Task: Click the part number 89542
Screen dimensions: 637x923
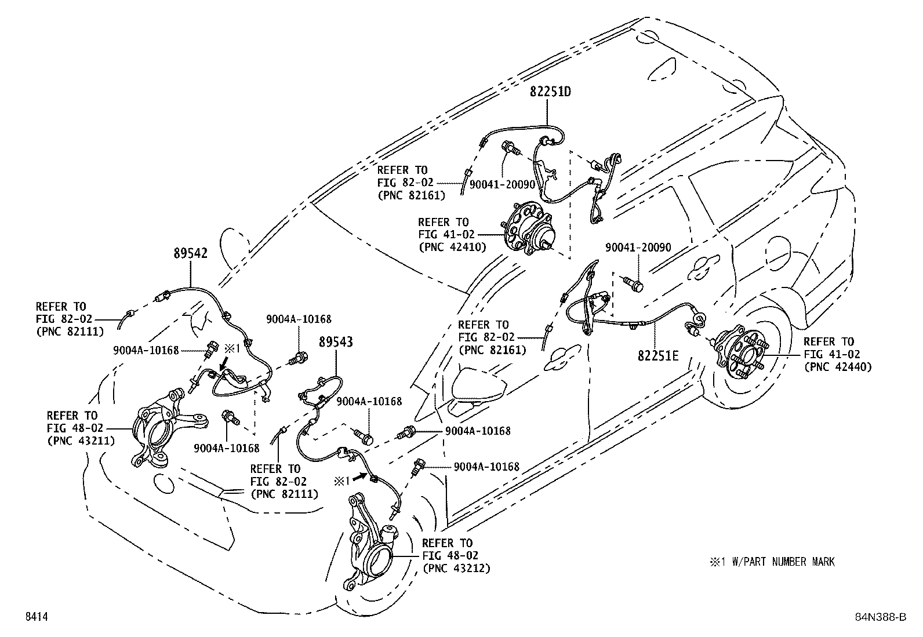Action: [191, 253]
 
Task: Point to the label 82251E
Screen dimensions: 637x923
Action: [657, 355]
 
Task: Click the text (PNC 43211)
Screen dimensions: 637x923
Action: [81, 440]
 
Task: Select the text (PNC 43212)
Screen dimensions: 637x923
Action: [456, 568]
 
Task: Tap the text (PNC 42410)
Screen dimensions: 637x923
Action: [452, 246]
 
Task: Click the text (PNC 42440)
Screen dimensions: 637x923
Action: [837, 366]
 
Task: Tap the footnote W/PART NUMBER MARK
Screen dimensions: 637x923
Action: [772, 562]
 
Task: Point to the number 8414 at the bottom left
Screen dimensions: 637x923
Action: [35, 617]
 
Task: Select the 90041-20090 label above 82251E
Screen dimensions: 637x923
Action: [638, 247]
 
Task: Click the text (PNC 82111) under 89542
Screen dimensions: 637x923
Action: [70, 332]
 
